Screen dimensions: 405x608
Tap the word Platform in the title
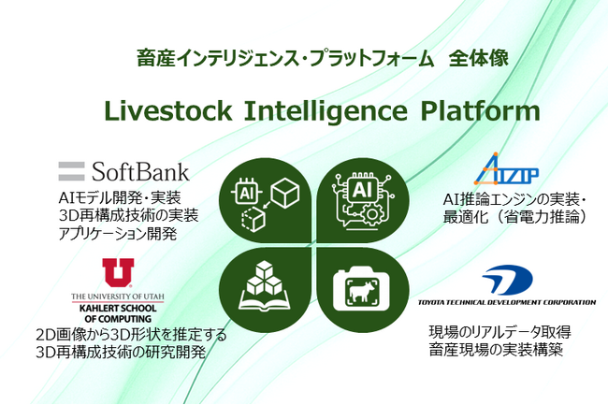[474, 112]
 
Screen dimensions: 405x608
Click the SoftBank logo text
[140, 171]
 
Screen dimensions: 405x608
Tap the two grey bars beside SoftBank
[72, 171]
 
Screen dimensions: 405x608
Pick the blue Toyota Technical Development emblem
[508, 280]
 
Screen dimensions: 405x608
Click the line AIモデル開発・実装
[118, 197]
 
